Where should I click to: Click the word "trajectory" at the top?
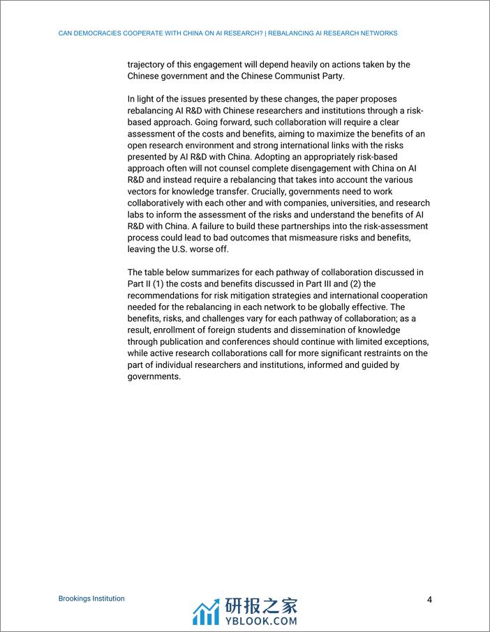(x=147, y=65)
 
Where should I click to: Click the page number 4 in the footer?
(x=430, y=600)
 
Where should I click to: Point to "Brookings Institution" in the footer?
(x=91, y=599)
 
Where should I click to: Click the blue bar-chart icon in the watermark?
(x=206, y=612)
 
